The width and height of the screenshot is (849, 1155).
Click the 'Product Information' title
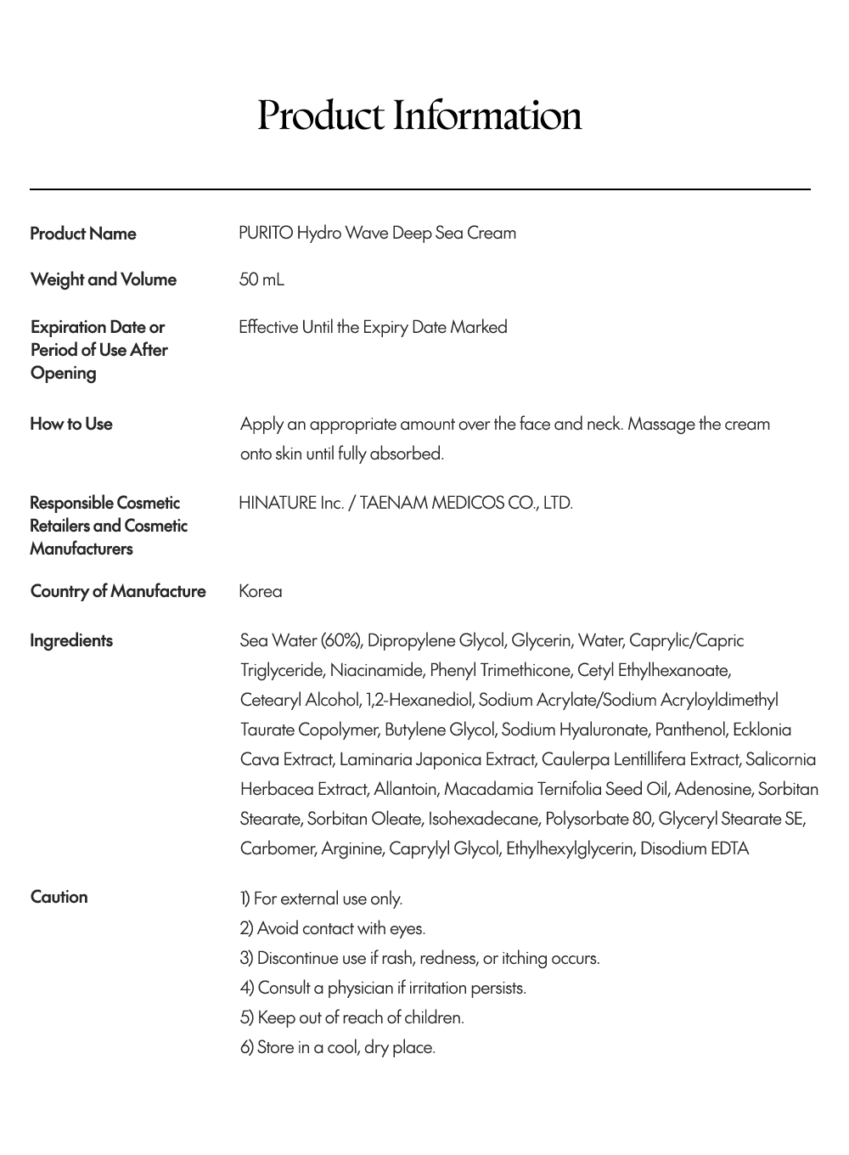[419, 115]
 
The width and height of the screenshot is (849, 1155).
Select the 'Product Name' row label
[82, 234]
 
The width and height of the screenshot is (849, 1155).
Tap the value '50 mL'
[261, 279]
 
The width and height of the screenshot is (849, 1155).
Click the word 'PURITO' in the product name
[266, 233]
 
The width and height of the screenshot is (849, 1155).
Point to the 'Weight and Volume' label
[103, 279]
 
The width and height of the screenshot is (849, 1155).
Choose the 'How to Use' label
[70, 424]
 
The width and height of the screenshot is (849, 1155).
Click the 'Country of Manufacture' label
[117, 591]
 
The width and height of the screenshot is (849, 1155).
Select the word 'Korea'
[260, 591]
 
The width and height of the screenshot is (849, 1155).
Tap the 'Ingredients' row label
[70, 640]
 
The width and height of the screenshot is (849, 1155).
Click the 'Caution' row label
[59, 897]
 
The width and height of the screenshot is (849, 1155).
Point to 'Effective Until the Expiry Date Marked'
[373, 327]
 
